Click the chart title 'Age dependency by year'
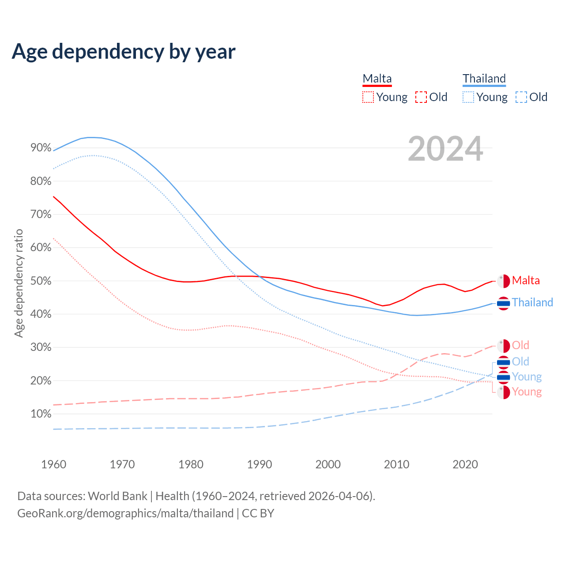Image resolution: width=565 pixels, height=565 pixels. point(124,52)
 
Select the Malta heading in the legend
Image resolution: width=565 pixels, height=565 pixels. point(377,79)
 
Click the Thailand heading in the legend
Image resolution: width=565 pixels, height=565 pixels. point(484,79)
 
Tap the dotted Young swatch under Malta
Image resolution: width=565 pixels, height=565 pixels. point(368,97)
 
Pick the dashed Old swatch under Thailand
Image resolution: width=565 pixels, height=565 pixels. point(521,97)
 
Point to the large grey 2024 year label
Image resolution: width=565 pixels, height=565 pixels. point(445,149)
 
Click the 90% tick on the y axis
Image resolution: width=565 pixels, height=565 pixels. point(41,148)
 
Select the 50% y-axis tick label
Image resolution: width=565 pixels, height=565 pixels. point(41,281)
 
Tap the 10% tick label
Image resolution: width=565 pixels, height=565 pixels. point(41,414)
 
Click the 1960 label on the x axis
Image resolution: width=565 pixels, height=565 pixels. point(53,464)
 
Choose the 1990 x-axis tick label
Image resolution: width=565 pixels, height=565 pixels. point(259,464)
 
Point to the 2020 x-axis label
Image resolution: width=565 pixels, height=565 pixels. point(465,464)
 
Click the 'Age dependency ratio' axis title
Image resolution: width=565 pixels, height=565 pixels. point(19,283)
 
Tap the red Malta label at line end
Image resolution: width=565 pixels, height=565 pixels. point(526,281)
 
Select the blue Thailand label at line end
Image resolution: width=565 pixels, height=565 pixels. point(532,303)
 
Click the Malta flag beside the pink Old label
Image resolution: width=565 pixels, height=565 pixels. point(503,346)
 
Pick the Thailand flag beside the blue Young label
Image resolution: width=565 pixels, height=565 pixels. point(503,377)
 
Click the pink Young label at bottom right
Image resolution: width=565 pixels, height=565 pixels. point(527,392)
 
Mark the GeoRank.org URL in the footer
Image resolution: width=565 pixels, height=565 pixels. point(125,513)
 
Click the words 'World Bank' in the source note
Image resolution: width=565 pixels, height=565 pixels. point(117,496)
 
